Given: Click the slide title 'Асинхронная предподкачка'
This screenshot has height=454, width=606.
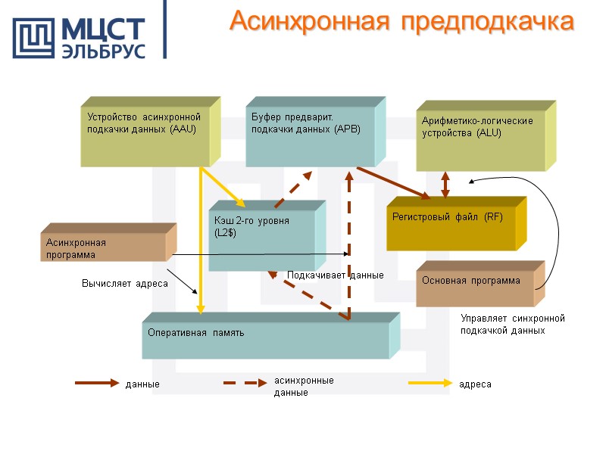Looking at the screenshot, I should point(401,21).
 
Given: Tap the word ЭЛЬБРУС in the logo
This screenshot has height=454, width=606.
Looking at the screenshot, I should point(102,51).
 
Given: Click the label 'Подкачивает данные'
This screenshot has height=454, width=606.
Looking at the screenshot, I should point(335,275).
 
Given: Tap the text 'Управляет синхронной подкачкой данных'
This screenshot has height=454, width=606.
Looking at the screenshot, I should point(513,325).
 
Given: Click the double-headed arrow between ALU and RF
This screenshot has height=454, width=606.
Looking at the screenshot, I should point(445,184).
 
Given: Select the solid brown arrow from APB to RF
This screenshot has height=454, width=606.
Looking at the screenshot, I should point(393,183).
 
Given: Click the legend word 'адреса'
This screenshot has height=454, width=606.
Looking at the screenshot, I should point(474,384).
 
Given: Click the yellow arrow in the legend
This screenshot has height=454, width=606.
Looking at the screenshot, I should point(430,384).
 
